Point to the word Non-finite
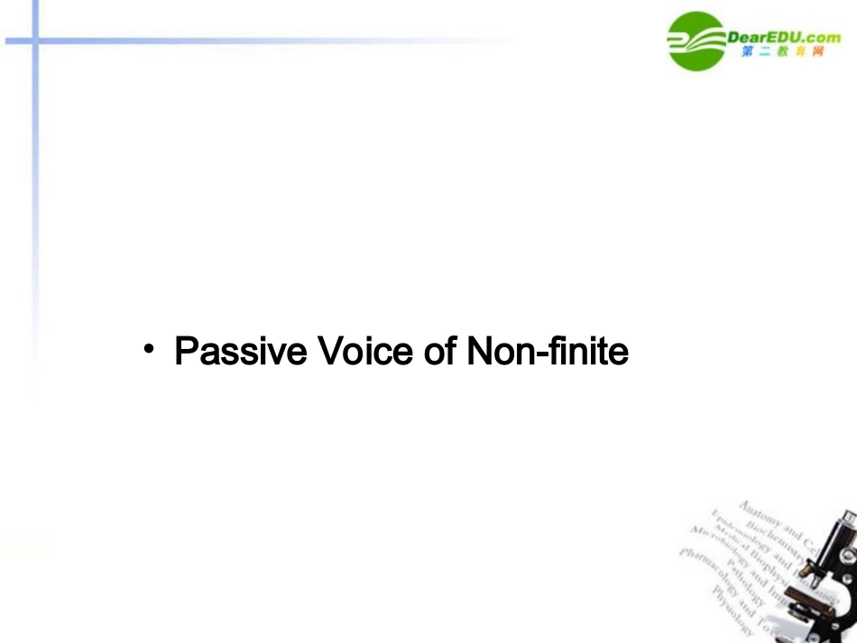pos(548,352)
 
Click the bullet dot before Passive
pos(149,348)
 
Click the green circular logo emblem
pos(696,41)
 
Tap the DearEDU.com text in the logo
pos(783,36)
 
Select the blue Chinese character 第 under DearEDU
pos(749,52)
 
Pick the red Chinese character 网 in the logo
pos(817,52)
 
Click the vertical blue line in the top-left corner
pos(35,135)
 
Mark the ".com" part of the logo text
pos(820,36)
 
